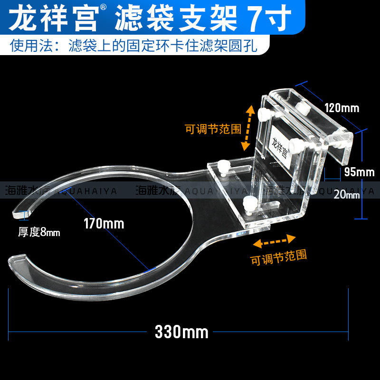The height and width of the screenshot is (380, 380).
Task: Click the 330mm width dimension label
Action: (x=181, y=332)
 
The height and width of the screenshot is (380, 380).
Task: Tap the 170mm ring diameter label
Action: (x=104, y=223)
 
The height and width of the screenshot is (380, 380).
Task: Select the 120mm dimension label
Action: (x=342, y=108)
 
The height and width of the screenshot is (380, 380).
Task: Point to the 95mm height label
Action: (x=359, y=172)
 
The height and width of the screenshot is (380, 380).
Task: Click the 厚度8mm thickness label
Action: (x=39, y=232)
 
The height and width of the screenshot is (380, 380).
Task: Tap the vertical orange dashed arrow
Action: (x=247, y=128)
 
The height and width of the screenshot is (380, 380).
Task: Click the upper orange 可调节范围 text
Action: (x=213, y=129)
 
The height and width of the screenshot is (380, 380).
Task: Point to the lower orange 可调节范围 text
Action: (x=278, y=256)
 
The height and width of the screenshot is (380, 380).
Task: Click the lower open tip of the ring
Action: (x=16, y=259)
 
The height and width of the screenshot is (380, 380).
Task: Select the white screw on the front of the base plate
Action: (x=247, y=203)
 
